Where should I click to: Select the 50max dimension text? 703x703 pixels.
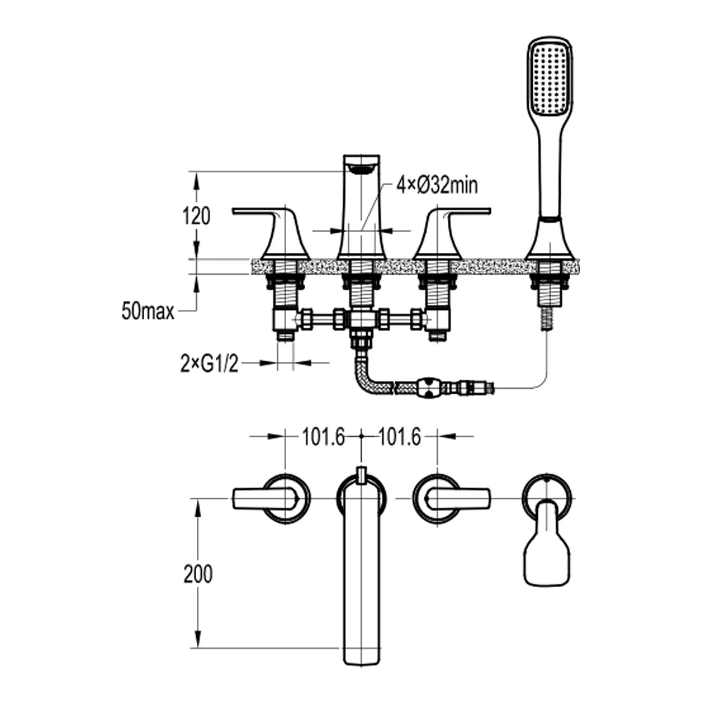[x=148, y=311]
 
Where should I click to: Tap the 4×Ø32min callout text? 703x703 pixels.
[x=437, y=186]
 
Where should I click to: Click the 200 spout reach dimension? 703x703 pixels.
[x=198, y=574]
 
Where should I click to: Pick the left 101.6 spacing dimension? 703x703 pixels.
[x=323, y=438]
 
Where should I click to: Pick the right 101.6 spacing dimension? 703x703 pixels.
[x=399, y=438]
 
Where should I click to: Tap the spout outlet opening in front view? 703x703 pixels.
[x=361, y=167]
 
